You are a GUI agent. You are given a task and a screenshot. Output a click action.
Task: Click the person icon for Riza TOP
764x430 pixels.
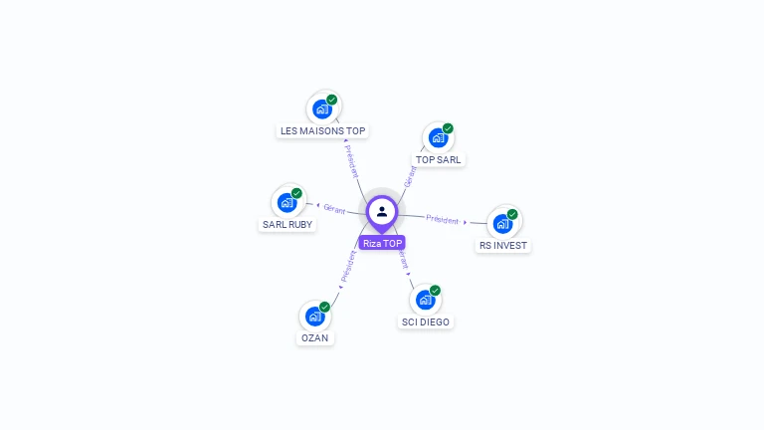click(x=382, y=211)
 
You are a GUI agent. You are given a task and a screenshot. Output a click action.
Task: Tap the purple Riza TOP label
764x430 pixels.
click(x=382, y=243)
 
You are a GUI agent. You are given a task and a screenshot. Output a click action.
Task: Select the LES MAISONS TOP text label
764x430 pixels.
click(x=323, y=130)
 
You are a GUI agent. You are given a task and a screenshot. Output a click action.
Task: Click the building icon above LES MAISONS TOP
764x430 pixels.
click(x=321, y=108)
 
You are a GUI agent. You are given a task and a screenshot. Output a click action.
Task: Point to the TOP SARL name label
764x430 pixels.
click(x=439, y=159)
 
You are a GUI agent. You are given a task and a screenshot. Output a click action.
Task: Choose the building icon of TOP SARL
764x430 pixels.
click(x=438, y=137)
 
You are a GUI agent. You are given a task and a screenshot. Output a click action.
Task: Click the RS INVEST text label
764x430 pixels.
click(x=502, y=245)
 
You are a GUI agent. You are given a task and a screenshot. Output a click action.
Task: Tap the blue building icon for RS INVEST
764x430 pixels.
click(x=502, y=223)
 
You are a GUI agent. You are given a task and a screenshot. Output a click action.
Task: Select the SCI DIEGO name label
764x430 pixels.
click(x=426, y=322)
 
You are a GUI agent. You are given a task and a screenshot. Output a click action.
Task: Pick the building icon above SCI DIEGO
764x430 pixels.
click(x=425, y=300)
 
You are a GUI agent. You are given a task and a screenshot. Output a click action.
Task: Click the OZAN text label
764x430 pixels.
click(x=314, y=337)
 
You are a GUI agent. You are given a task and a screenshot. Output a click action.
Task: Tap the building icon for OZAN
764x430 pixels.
click(x=314, y=317)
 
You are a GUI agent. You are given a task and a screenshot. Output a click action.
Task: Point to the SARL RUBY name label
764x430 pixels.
click(x=286, y=224)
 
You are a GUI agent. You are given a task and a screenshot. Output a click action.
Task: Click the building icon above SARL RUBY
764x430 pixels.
click(x=286, y=203)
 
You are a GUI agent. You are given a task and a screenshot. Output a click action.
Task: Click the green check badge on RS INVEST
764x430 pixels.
click(x=512, y=214)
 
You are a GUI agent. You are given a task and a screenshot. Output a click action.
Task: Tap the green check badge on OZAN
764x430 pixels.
click(x=324, y=308)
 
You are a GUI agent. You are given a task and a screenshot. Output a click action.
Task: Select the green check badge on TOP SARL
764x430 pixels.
click(x=448, y=128)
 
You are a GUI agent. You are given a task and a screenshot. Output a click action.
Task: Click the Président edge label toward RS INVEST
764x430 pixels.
click(x=443, y=219)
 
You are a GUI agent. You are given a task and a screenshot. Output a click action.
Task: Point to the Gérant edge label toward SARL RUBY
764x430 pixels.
click(x=334, y=209)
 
